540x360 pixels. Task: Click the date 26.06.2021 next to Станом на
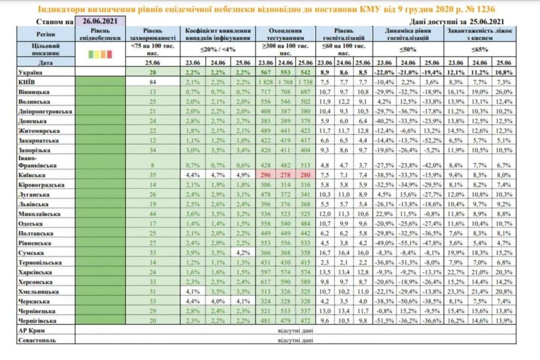(x=101, y=21)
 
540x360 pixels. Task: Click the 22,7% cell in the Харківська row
(x=456, y=273)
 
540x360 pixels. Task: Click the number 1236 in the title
(x=488, y=9)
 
